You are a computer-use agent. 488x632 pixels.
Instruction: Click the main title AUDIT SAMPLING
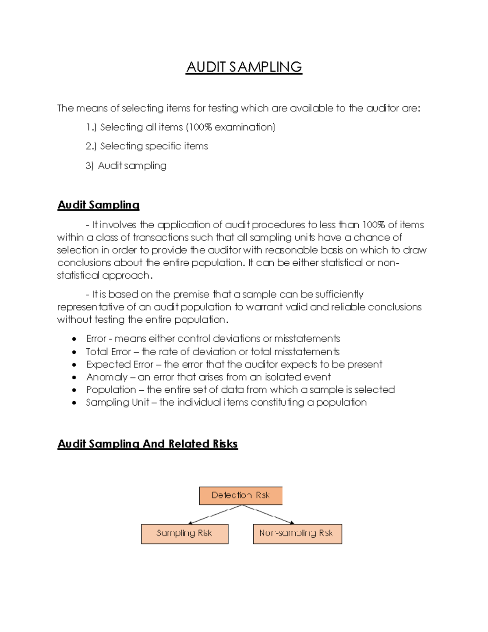[x=244, y=67]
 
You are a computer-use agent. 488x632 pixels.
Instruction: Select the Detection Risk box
[x=240, y=495]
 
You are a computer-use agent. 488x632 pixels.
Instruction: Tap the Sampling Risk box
[x=184, y=534]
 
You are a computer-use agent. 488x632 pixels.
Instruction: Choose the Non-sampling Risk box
[x=297, y=534]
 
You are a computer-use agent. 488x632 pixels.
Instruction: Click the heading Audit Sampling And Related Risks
[x=148, y=444]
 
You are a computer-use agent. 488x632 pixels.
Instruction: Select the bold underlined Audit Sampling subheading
[x=98, y=205]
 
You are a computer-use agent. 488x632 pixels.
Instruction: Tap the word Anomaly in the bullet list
[x=107, y=377]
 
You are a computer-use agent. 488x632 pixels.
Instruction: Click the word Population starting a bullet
[x=111, y=390]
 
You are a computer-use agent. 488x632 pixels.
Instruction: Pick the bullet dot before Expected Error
[x=74, y=365]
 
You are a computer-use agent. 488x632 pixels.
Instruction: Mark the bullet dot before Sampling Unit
[x=74, y=403]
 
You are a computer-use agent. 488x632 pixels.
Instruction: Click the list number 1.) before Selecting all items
[x=91, y=127]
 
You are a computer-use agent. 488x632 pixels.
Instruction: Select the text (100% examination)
[x=231, y=127]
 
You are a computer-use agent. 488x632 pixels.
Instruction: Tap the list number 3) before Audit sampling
[x=89, y=166]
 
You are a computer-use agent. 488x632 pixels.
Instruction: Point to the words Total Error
[x=108, y=352]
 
